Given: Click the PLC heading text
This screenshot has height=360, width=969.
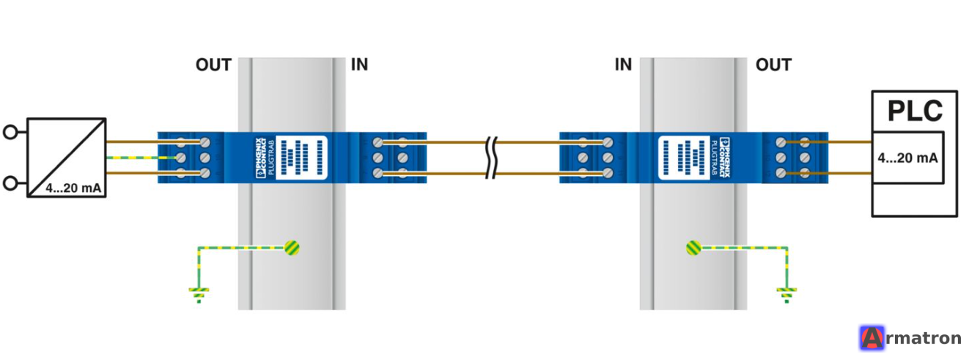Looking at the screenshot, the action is point(915,111).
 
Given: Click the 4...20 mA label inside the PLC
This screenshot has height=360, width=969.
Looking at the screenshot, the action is point(907,158).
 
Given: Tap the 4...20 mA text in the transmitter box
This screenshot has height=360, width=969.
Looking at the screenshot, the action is point(73,188).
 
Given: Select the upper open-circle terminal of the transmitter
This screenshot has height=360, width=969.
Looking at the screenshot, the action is point(10,132).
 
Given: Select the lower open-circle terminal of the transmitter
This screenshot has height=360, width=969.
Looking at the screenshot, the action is point(10,183).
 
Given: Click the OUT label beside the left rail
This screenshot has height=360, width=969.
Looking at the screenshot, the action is point(214,65).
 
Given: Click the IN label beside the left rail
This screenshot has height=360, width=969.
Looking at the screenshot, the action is point(359,65).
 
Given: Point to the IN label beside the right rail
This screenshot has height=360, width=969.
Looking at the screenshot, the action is point(623,65).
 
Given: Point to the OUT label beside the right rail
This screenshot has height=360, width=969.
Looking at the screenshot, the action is point(773,65).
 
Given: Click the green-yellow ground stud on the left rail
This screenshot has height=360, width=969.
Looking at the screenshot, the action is point(292,248).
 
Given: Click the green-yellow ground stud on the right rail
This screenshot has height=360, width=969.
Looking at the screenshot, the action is point(694,248).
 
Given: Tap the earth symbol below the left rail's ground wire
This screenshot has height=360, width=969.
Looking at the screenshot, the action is point(199,295).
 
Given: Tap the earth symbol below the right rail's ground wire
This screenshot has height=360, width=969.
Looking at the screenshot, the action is point(787,295).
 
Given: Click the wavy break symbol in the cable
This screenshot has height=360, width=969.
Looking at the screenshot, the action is point(492,158).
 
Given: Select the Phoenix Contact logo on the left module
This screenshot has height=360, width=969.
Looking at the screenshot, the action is point(261,158).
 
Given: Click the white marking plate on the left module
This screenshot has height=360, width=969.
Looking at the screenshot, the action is point(301,158).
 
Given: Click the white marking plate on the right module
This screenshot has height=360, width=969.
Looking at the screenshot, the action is point(684,158).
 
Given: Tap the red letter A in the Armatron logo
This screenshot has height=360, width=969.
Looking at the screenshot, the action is point(872,338).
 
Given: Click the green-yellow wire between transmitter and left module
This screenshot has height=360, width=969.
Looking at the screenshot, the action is point(141,158).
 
